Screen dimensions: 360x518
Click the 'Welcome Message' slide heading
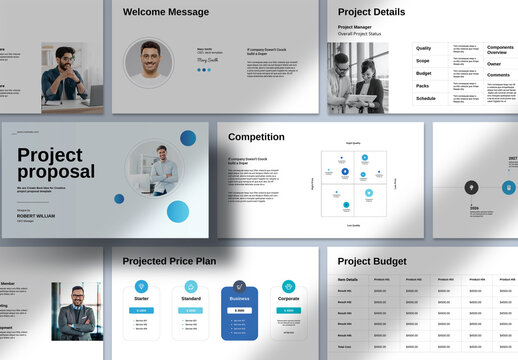click(x=166, y=12)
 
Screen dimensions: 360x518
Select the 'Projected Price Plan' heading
click(x=168, y=261)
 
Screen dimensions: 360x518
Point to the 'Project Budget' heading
click(x=375, y=261)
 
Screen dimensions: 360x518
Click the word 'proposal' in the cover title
click(x=56, y=172)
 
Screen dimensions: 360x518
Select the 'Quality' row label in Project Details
click(x=424, y=48)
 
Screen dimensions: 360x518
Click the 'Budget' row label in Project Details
click(x=424, y=73)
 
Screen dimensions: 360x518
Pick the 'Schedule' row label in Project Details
click(x=426, y=98)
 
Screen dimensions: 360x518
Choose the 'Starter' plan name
click(x=141, y=298)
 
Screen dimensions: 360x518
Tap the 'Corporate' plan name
click(x=288, y=298)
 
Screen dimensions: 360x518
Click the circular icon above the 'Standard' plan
click(x=190, y=287)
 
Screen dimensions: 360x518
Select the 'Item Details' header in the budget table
click(x=348, y=279)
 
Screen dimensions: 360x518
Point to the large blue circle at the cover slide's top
click(x=187, y=139)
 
